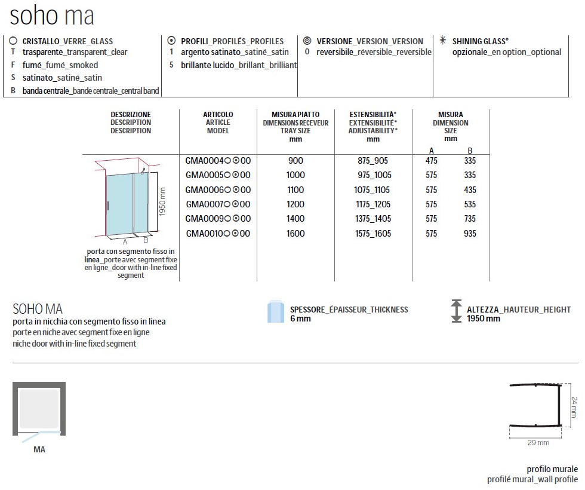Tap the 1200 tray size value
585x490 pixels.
295,204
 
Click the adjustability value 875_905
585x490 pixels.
373,161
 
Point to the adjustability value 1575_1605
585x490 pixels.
373,233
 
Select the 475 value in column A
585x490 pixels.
432,161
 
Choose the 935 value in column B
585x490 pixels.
470,233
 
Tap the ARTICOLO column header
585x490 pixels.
218,122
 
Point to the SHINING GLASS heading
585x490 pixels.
481,41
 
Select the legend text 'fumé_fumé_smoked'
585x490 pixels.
60,65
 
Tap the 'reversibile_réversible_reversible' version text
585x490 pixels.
374,52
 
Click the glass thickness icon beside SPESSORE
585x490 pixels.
275,312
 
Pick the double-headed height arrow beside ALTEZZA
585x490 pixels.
457,312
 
